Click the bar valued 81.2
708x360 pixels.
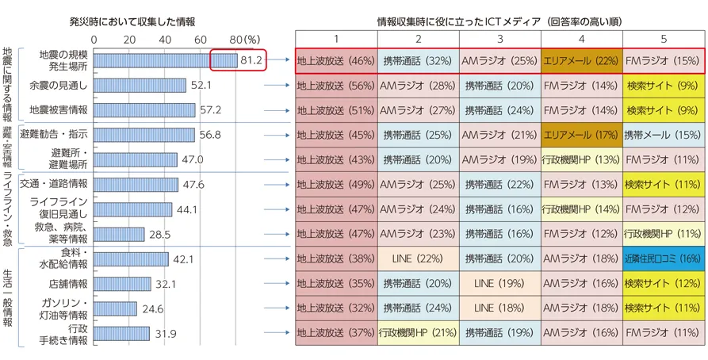point(165,60)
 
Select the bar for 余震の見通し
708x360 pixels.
point(140,85)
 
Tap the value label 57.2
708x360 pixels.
point(210,110)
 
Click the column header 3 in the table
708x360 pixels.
point(499,39)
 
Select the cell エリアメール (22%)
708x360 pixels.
point(581,60)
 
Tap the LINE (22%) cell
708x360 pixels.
point(418,258)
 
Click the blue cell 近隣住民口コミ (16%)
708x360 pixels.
point(663,258)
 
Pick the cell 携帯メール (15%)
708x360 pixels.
point(663,135)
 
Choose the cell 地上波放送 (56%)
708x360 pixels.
point(335,85)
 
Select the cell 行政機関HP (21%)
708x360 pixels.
point(418,332)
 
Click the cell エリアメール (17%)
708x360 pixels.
point(581,135)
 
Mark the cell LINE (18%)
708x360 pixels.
point(499,308)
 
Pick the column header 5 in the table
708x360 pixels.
point(663,39)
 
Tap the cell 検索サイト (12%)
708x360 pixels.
point(663,283)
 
